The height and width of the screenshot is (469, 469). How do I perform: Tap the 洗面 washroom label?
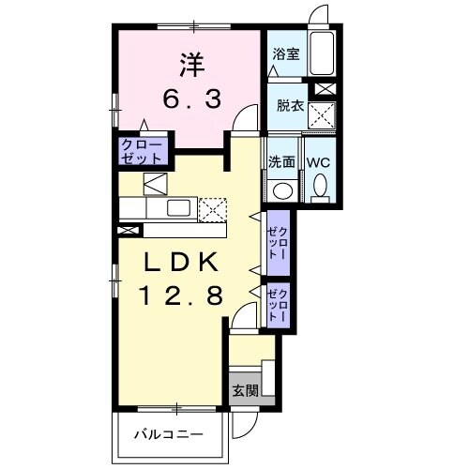[x=281, y=160]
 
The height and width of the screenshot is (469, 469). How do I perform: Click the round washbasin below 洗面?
[x=281, y=189]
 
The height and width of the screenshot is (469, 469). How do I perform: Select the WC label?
[x=319, y=161]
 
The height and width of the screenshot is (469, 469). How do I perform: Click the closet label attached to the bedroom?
[x=142, y=151]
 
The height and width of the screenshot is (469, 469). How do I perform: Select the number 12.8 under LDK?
[x=181, y=296]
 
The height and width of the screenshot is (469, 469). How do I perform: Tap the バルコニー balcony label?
[x=169, y=435]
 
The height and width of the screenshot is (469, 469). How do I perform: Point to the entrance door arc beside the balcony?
[x=242, y=425]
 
